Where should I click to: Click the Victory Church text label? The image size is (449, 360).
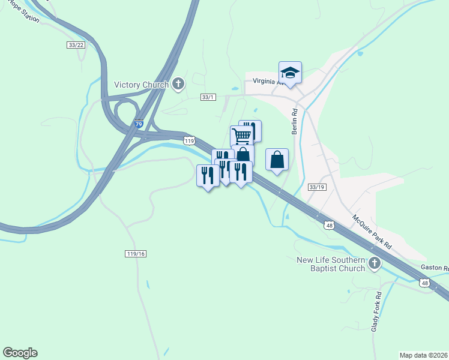pyautogui.click(x=141, y=85)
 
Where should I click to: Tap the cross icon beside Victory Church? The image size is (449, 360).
pyautogui.click(x=178, y=85)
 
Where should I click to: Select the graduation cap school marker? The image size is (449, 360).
pyautogui.click(x=290, y=73)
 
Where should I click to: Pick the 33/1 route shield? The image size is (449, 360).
pyautogui.click(x=208, y=97)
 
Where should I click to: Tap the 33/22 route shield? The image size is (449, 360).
pyautogui.click(x=76, y=45)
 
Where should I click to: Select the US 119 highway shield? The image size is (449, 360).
pyautogui.click(x=189, y=140)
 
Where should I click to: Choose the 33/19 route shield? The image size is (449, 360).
pyautogui.click(x=316, y=187)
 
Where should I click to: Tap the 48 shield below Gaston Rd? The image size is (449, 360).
pyautogui.click(x=424, y=283)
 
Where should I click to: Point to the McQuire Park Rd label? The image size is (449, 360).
pyautogui.click(x=372, y=233)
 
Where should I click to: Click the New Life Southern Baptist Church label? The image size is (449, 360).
pyautogui.click(x=331, y=264)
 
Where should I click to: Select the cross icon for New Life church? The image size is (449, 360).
pyautogui.click(x=375, y=263)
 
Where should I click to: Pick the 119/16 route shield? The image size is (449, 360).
pyautogui.click(x=136, y=254)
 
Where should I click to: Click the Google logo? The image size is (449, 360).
pyautogui.click(x=20, y=353)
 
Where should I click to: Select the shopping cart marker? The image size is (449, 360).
pyautogui.click(x=241, y=136)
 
